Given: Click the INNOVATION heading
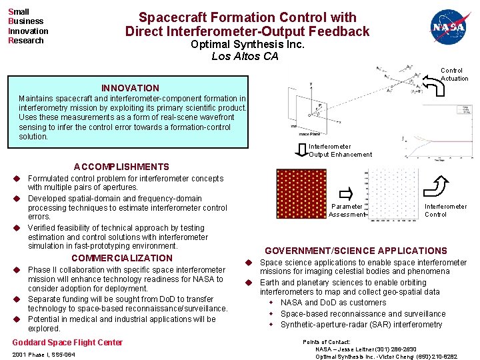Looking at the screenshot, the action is (130, 88).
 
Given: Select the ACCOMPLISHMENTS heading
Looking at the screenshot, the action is (121, 167).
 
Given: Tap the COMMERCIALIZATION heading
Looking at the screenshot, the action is (121, 258).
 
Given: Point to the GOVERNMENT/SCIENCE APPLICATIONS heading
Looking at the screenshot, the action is (356, 251).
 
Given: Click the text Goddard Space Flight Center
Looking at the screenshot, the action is (67, 343).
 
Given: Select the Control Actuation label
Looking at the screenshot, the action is (454, 74).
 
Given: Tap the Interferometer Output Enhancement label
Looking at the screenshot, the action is (340, 151).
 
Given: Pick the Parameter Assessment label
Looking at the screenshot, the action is (347, 211).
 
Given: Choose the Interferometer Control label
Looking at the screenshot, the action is (445, 211).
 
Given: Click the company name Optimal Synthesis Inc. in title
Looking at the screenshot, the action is (247, 45).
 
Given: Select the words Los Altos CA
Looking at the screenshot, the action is (245, 57).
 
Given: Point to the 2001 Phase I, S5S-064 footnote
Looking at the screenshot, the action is (43, 355).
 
